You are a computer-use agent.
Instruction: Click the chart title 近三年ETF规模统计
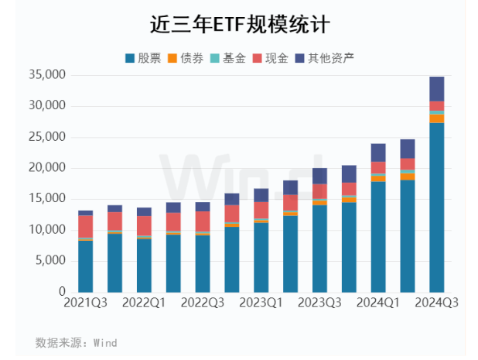pos(239,25)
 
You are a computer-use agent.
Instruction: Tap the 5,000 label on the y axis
pos(51,261)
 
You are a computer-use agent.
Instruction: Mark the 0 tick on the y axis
pos(62,292)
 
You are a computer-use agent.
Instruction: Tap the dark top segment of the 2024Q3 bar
pos(437,88)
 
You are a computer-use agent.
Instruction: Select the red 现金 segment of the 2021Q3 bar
pos(86,226)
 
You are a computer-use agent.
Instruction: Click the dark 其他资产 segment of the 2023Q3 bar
pos(319,176)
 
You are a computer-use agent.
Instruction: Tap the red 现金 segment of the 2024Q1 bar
pos(378,167)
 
